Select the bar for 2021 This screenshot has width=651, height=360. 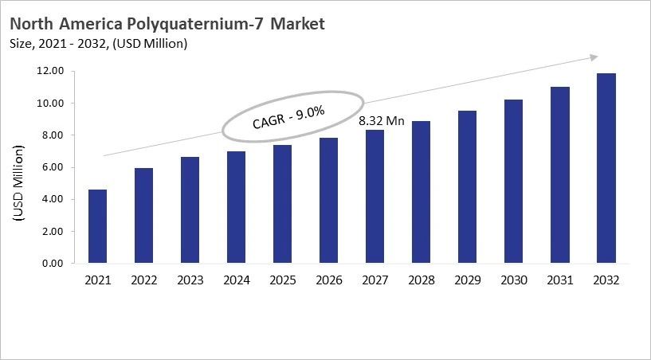click(97, 226)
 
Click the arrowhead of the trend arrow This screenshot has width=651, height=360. click(594, 57)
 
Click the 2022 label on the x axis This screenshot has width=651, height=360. click(143, 280)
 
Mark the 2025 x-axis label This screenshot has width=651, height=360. click(283, 280)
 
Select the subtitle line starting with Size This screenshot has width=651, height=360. click(98, 43)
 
